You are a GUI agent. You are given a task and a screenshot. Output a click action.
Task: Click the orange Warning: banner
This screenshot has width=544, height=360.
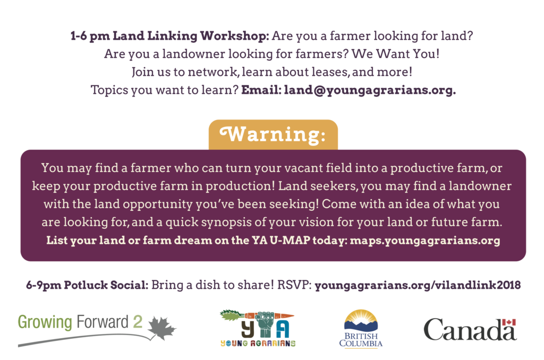point(273,134)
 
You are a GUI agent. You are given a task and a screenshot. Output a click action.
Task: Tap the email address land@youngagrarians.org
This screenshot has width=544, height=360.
point(370,90)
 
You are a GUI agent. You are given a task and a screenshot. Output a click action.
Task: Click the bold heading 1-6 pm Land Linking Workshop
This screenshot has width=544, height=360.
point(169,36)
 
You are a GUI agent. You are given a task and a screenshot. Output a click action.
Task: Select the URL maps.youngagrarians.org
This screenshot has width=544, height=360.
point(425,241)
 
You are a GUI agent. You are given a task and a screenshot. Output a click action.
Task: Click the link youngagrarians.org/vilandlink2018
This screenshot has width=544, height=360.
point(418,285)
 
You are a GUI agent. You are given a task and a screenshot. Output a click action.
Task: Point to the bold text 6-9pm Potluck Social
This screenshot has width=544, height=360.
point(87,285)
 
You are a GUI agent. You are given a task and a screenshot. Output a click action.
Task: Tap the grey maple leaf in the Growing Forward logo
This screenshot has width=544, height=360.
point(162,328)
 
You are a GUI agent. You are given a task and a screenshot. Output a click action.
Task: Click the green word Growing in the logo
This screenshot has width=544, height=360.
point(45,322)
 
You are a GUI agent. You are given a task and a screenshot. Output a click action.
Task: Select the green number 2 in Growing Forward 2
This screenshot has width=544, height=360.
point(138,321)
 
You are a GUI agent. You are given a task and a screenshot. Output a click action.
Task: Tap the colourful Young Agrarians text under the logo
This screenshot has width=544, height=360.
point(258,344)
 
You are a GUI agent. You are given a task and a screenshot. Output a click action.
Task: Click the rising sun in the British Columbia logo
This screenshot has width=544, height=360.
point(361,318)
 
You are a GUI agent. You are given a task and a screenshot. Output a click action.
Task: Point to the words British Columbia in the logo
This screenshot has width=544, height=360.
point(361,340)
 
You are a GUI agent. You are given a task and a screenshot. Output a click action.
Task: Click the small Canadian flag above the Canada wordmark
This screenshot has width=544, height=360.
point(509,322)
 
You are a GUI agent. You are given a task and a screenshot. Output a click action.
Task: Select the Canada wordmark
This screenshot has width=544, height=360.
point(470,330)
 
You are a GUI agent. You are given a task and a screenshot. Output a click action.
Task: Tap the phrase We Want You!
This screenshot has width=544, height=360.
point(395,54)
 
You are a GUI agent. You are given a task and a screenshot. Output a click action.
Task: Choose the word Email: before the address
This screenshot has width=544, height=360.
point(261,90)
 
